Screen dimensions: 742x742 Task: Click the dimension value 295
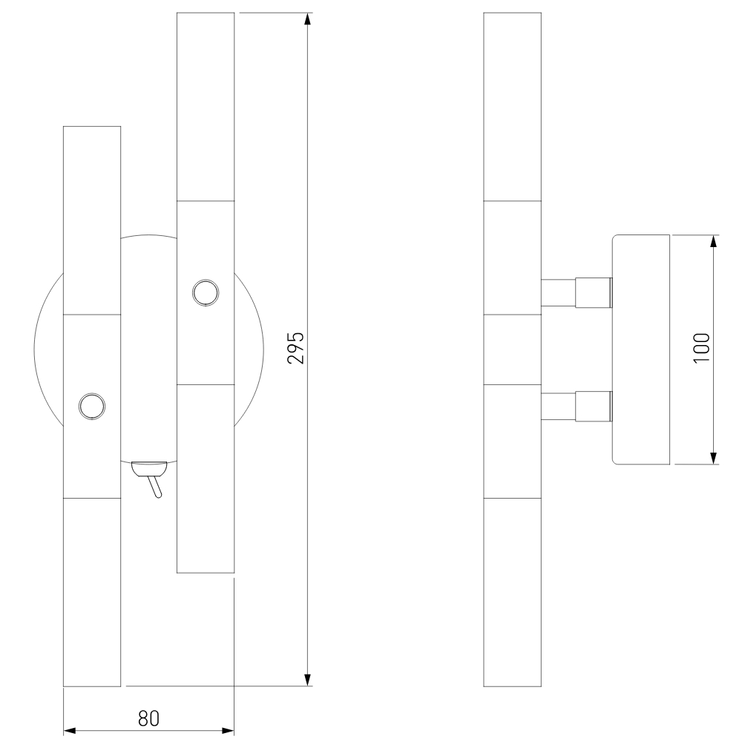tap(296, 347)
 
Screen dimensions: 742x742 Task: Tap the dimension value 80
tap(149, 718)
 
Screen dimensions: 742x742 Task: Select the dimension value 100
tap(701, 347)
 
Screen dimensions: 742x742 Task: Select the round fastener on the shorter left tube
tap(92, 406)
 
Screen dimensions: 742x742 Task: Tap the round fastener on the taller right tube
tap(205, 292)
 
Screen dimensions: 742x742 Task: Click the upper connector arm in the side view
tap(577, 292)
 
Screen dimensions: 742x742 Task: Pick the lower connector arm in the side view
tap(577, 405)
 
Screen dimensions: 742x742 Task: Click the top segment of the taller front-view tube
tap(206, 106)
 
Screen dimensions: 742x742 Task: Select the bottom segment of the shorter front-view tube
tap(92, 591)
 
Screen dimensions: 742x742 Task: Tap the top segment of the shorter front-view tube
tap(92, 220)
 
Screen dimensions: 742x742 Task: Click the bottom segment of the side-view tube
tap(512, 591)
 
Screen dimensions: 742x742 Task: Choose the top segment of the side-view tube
tap(512, 106)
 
